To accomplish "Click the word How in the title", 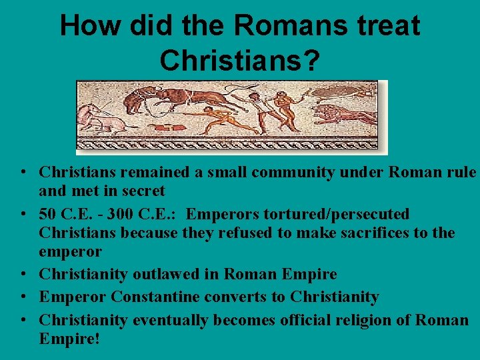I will tap(88, 26).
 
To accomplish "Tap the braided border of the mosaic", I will tap(227, 143).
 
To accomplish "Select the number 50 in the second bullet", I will tap(48, 214).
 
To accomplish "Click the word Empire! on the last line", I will tap(69, 339).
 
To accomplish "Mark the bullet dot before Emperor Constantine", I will tap(23, 297).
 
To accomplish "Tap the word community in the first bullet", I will tap(285, 172).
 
